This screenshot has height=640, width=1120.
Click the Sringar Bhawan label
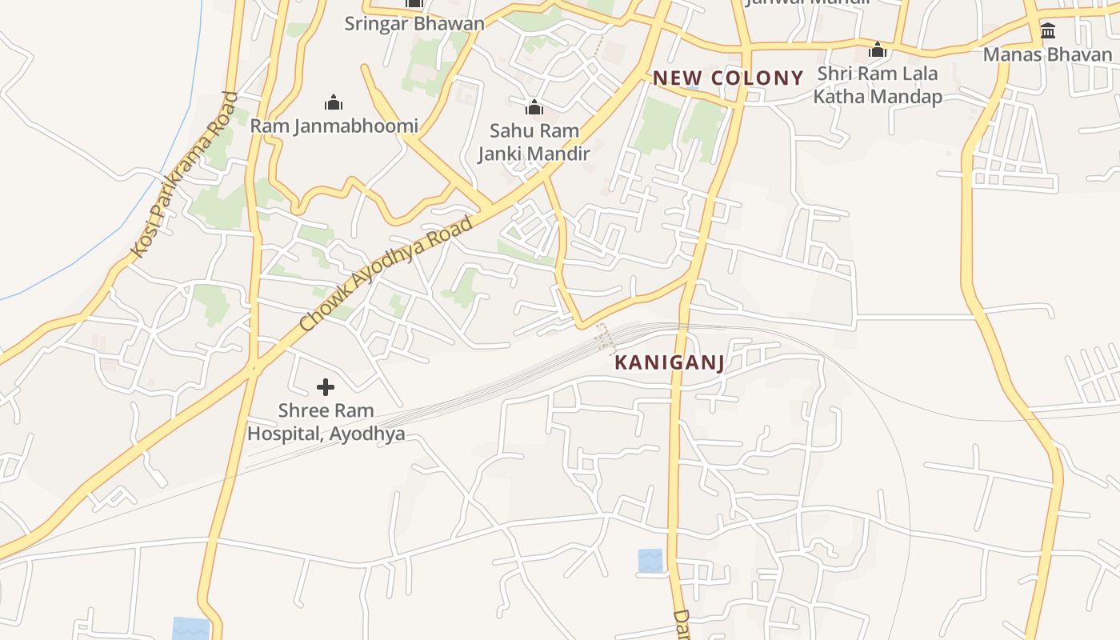point(414,23)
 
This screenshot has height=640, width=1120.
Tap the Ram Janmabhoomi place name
point(334,126)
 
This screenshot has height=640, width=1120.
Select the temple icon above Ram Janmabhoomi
point(334,102)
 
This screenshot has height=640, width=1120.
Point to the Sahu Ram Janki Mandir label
point(534,142)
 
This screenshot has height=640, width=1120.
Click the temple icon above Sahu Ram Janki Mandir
point(534,107)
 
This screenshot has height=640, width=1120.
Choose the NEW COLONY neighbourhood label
point(728,78)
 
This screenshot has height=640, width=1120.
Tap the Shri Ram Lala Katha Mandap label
point(878,85)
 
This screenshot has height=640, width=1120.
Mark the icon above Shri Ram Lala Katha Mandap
point(878,50)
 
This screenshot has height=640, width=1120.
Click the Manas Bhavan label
point(1047,54)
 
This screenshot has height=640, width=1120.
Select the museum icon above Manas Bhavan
point(1047,31)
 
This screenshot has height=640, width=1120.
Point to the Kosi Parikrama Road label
point(185,175)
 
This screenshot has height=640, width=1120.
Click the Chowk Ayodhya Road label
point(386,274)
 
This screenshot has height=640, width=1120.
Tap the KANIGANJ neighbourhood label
point(669,362)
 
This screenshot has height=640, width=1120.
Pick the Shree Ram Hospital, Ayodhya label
point(326,422)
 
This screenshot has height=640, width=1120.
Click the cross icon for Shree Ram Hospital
point(326,387)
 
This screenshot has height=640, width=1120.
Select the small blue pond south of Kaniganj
point(650,560)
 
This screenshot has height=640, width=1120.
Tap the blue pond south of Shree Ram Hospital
point(191,628)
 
